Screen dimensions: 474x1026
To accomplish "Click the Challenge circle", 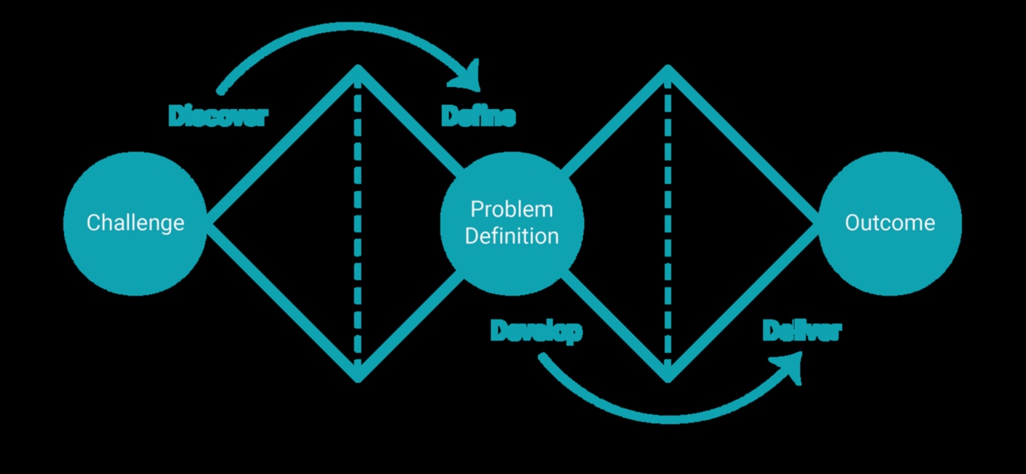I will pos(135,223).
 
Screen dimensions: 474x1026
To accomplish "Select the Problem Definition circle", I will pos(512,223).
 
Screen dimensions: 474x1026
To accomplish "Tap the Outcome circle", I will pos(890,223).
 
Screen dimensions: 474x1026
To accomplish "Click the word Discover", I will pos(218,115).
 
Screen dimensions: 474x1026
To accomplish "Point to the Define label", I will pos(478,115).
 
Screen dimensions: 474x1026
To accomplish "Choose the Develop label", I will pos(536,331).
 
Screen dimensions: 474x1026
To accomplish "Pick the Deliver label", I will pos(802,331).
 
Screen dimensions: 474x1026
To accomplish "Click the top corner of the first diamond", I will pos(358,70).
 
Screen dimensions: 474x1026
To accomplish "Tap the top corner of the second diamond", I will pos(668,70).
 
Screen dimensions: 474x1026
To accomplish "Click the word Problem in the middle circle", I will pos(512,210).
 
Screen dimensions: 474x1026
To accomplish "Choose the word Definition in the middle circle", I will pos(512,236).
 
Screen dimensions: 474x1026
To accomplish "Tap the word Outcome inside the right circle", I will pos(890,223).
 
